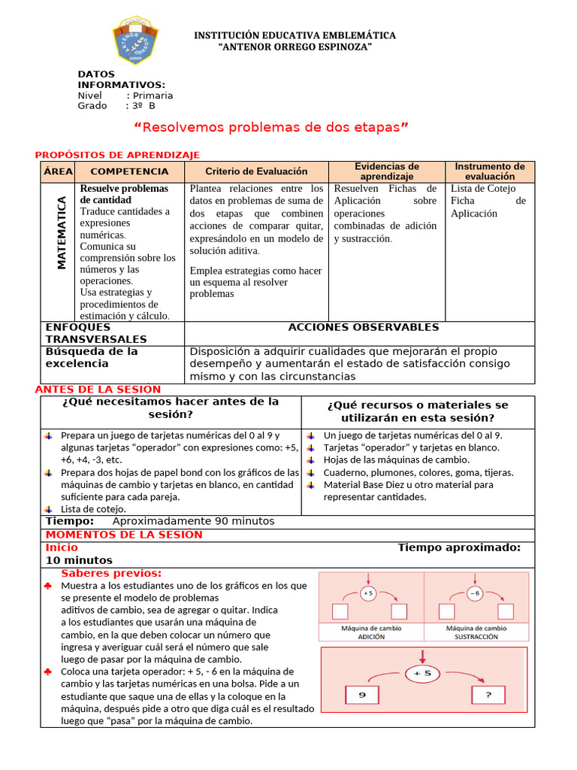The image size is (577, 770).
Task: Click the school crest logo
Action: [x=135, y=42]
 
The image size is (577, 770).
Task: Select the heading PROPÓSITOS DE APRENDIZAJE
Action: [x=117, y=155]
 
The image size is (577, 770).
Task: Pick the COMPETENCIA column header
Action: [x=129, y=171]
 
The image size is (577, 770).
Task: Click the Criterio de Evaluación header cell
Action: [x=256, y=171]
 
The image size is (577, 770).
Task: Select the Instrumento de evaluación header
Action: [x=490, y=171]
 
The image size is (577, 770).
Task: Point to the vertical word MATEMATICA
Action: [x=62, y=233]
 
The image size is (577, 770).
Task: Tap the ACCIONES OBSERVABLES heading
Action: [x=363, y=327]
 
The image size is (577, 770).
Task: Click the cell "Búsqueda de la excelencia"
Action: [x=92, y=357]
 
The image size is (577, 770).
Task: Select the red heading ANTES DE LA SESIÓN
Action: [x=98, y=390]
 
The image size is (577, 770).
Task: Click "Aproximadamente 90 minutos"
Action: [x=193, y=521]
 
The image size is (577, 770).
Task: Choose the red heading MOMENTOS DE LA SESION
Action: [x=124, y=535]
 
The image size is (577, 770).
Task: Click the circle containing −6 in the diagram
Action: [x=474, y=593]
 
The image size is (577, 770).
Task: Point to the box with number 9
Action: [x=361, y=696]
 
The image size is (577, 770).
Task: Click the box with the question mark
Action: [x=488, y=696]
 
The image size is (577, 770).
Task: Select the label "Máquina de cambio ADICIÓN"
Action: [x=371, y=632]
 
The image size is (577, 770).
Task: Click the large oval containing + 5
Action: [x=424, y=674]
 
